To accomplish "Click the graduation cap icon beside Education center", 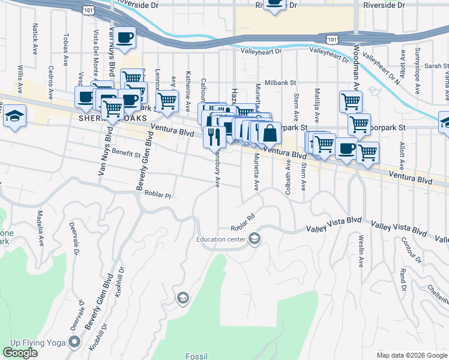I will point(255,240).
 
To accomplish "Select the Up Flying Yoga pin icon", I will point(74,342).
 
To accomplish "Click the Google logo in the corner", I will point(20,353).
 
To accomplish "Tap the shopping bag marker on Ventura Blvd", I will point(270,134).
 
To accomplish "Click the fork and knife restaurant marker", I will point(214,137).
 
